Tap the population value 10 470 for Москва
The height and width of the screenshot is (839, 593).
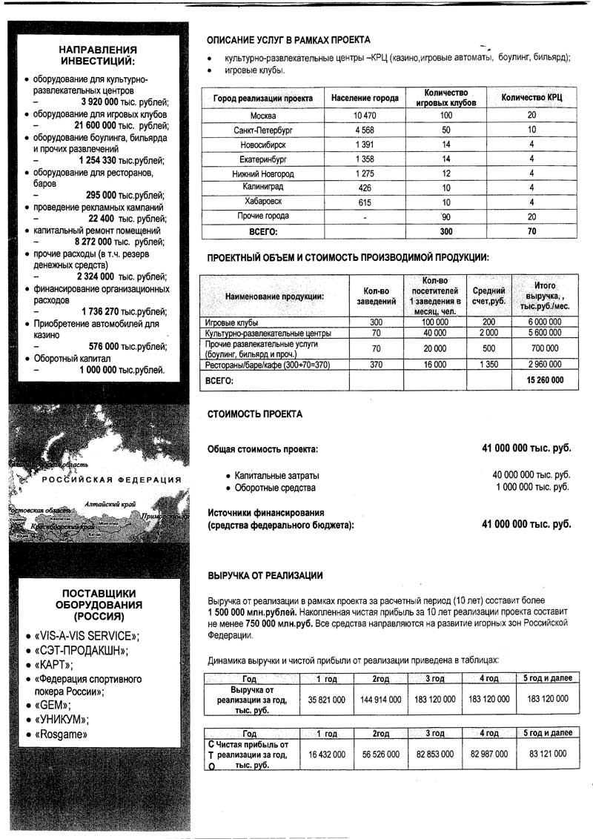pos(365,116)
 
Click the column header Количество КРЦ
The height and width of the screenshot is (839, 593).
pos(531,98)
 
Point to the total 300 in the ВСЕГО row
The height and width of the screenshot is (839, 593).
pos(445,231)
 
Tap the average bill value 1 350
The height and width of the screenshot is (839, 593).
pos(488,365)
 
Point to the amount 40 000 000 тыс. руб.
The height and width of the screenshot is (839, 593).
pos(531,474)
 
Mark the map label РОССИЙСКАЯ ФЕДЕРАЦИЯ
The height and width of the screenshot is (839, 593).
pos(111,480)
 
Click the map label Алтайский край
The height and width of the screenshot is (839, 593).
pos(108,503)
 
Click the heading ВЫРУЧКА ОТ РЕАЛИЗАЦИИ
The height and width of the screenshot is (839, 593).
pos(265,576)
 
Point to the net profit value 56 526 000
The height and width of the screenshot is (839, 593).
pos(380,754)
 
